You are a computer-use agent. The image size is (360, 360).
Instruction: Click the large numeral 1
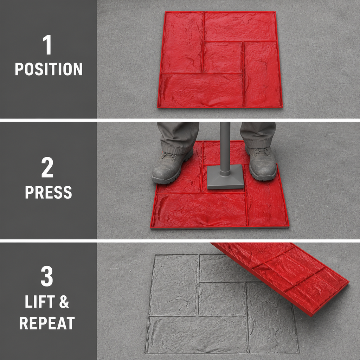pyautogui.click(x=47, y=45)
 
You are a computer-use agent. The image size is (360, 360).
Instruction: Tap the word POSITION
pyautogui.click(x=49, y=69)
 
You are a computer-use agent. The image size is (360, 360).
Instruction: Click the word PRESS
pyautogui.click(x=49, y=192)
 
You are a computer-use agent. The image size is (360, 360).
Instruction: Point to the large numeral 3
pyautogui.click(x=47, y=276)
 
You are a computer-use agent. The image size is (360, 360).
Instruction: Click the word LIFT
pyautogui.click(x=40, y=301)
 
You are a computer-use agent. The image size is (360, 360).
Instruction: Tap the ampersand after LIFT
pyautogui.click(x=64, y=302)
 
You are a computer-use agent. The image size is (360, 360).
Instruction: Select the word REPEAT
pyautogui.click(x=47, y=323)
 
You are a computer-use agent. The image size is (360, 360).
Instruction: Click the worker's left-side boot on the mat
pyautogui.click(x=172, y=165)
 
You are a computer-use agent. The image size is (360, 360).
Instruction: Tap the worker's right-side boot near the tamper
pyautogui.click(x=262, y=162)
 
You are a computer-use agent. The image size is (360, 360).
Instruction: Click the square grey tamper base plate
pyautogui.click(x=225, y=176)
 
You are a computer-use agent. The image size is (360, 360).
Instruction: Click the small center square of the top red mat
pyautogui.click(x=223, y=57)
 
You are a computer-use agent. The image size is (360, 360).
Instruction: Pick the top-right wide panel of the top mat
pyautogui.click(x=240, y=26)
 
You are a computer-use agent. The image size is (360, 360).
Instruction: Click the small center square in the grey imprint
pyautogui.click(x=222, y=298)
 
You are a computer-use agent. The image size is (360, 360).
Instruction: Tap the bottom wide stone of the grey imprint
pyautogui.click(x=197, y=334)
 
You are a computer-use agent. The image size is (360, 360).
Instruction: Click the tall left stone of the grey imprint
pyautogui.click(x=174, y=284)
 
